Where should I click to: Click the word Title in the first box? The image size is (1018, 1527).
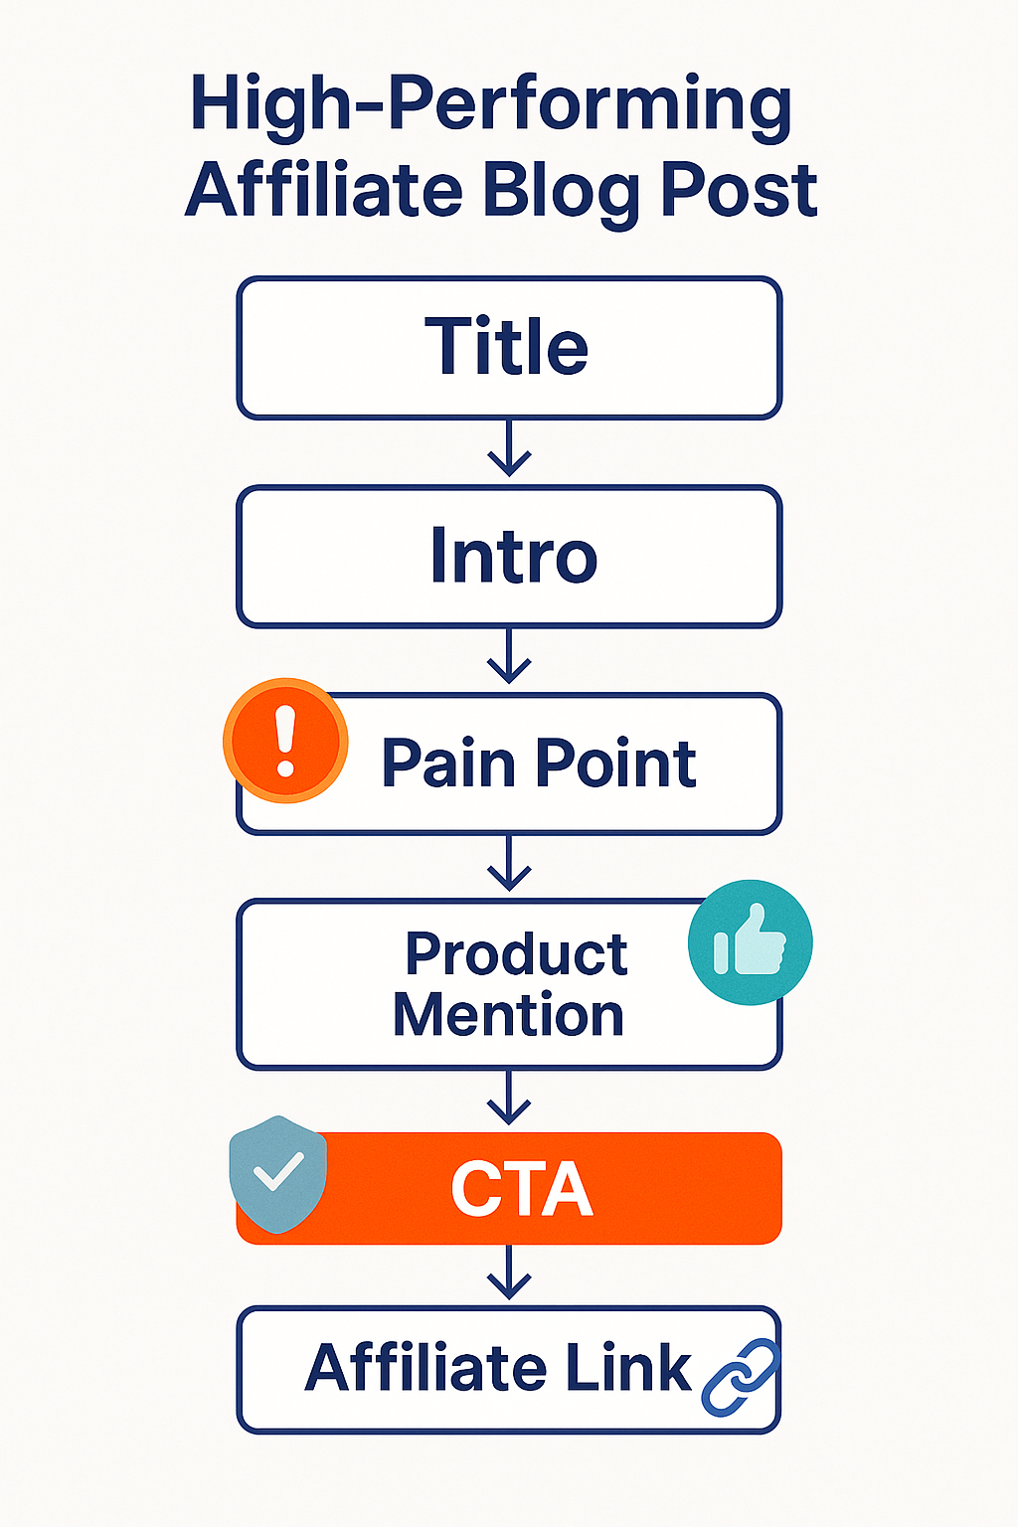coord(507,347)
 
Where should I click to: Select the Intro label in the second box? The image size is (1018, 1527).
coord(513,556)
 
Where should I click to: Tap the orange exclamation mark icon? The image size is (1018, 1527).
coord(285,741)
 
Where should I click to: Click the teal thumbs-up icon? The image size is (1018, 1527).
coord(750,942)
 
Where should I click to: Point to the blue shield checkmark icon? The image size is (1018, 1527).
coord(278,1173)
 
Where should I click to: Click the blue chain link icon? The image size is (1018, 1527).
coord(741,1377)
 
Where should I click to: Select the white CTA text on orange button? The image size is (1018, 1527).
coord(521,1189)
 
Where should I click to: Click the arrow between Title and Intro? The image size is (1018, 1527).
coord(509,449)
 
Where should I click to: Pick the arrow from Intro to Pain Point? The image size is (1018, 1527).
coord(509,657)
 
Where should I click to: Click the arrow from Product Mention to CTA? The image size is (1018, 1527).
coord(509,1099)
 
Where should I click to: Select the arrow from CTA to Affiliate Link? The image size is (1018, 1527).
coord(509,1273)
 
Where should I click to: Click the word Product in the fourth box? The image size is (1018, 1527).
coord(516,954)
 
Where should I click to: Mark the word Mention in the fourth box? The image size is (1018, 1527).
coord(508,1015)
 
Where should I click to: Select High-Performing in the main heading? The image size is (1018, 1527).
coord(491,104)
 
